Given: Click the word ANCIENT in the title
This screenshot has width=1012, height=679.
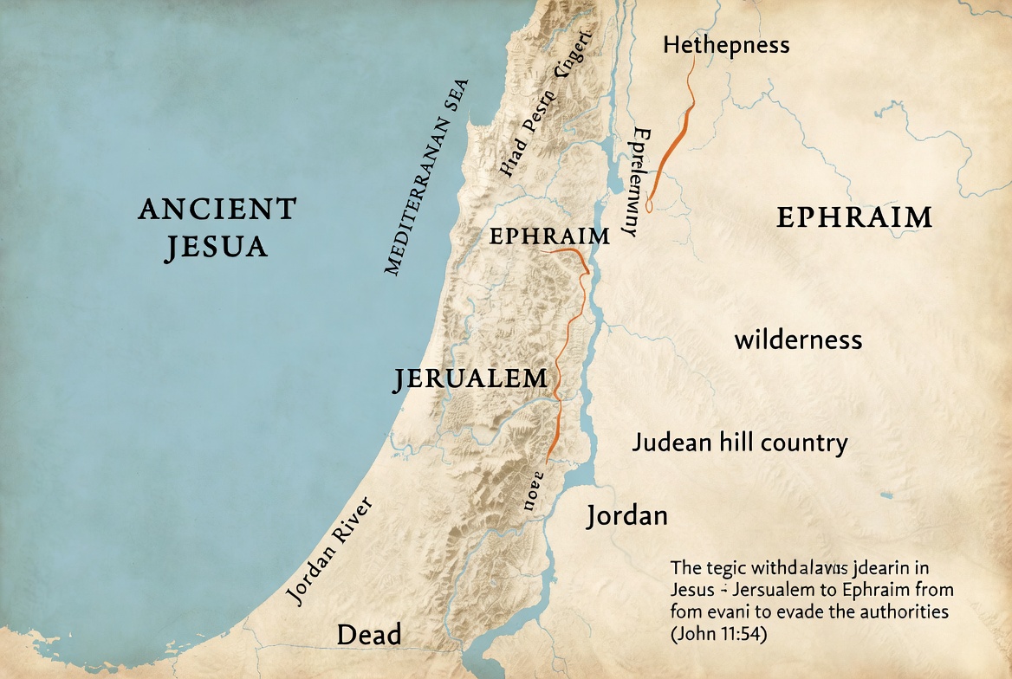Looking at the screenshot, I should pos(217,209).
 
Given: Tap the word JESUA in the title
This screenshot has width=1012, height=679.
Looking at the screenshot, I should pos(216,247).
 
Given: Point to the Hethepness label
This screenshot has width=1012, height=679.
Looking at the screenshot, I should pos(726,44).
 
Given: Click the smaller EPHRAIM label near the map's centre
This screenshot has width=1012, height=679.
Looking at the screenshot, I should pos(549,236).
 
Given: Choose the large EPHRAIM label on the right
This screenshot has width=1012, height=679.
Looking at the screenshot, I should pos(853,217).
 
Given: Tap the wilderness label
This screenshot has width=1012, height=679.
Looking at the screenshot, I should pos(798,339).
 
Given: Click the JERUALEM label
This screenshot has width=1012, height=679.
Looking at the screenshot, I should pos(470,378).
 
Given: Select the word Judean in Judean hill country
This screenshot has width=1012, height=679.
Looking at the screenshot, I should pos(672,443).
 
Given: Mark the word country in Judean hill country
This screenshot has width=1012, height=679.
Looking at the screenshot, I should pos(804,443).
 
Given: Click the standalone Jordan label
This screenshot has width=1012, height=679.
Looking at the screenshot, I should pos(626,515).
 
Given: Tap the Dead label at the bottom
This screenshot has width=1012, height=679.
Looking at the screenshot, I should pos(368,635).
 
